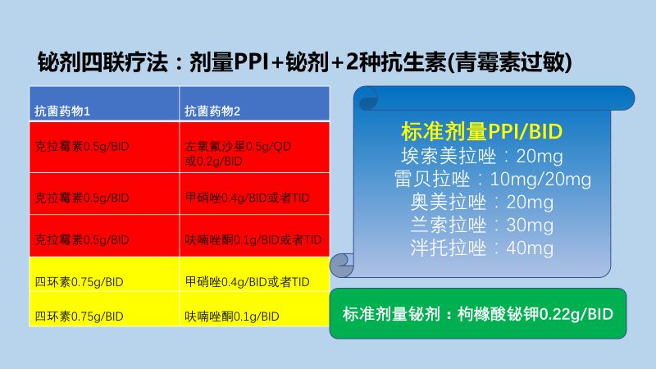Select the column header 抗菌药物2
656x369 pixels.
(212, 110)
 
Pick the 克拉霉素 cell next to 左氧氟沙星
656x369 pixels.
(81, 146)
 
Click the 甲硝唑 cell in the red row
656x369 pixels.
(246, 198)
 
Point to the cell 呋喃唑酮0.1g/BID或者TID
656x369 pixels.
(253, 239)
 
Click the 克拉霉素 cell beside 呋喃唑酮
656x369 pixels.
(81, 239)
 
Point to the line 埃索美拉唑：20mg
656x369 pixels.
(481, 157)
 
